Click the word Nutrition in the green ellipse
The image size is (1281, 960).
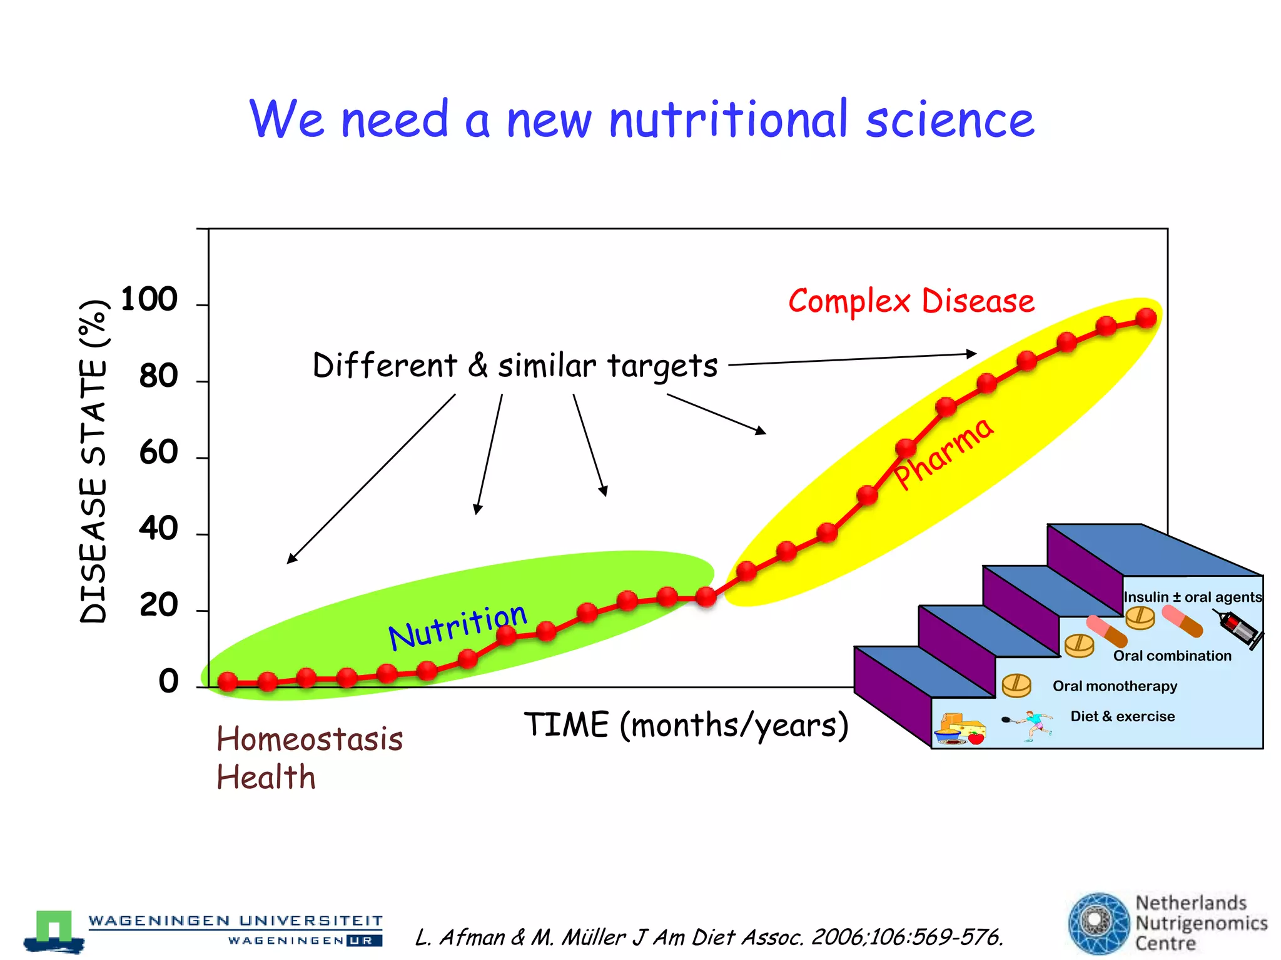tap(457, 626)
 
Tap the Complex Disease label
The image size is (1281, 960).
tap(911, 302)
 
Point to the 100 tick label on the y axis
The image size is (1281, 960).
tap(149, 299)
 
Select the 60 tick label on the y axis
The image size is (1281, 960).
tap(158, 452)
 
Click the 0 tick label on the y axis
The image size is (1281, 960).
tap(168, 681)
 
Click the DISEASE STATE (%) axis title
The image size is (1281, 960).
tap(94, 461)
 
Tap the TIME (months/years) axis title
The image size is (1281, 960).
tap(686, 726)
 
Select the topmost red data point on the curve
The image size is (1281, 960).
tap(1146, 318)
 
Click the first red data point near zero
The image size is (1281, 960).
tap(228, 681)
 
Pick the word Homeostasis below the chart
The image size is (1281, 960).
tap(310, 739)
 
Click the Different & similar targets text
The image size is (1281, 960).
tap(515, 366)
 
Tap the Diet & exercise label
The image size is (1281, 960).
tap(1122, 716)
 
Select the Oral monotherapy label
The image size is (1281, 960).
tap(1115, 686)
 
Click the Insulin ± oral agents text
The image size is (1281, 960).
tap(1192, 597)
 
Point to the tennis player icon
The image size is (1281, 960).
tap(1032, 725)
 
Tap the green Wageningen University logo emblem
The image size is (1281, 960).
tap(54, 930)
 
